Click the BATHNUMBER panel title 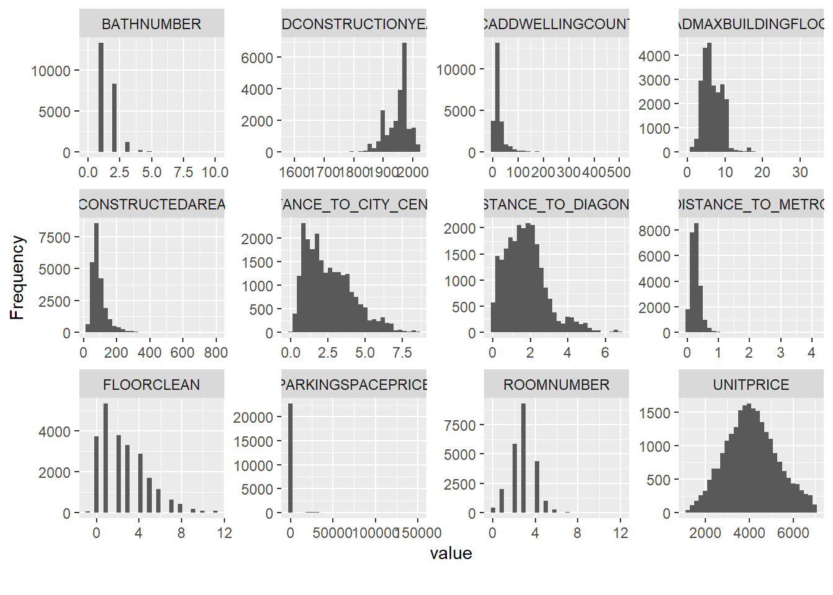[151, 24]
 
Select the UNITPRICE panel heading [751, 385]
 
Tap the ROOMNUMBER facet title [556, 385]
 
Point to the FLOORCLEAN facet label [151, 385]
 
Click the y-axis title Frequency [17, 277]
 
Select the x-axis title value [451, 553]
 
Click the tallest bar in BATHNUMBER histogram [101, 97]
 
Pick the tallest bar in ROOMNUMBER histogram [524, 458]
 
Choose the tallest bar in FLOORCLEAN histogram [105, 458]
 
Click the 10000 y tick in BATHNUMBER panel [51, 71]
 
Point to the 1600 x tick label [294, 172]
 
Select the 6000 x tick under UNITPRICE [793, 533]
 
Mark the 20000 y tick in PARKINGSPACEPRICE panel [253, 417]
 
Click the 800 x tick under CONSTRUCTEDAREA [216, 353]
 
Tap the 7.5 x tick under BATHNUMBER [183, 172]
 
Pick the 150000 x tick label [418, 533]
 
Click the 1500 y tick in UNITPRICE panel [654, 413]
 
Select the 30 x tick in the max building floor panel [800, 172]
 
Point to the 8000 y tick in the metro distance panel [654, 231]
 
